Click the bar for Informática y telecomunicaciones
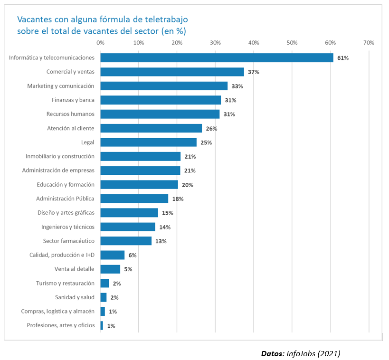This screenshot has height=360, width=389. tap(217, 57)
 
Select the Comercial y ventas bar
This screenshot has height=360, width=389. tap(172, 72)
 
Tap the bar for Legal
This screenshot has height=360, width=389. tap(148, 142)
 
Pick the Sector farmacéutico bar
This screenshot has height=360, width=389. tap(126, 241)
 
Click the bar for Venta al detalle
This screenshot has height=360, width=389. tap(110, 269)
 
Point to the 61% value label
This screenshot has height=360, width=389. tap(343, 58)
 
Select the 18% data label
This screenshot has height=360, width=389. tap(178, 199)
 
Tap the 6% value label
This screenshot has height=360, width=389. tap(132, 255)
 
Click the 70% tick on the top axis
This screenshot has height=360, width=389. tap(369, 43)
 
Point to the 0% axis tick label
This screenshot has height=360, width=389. tap(100, 43)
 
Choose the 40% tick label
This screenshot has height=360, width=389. tap(254, 43)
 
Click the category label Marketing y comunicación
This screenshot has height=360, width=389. tap(61, 86)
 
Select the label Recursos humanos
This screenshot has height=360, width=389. tap(70, 114)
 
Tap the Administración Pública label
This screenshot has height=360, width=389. tap(65, 199)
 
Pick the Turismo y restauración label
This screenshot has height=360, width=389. tap(65, 283)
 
